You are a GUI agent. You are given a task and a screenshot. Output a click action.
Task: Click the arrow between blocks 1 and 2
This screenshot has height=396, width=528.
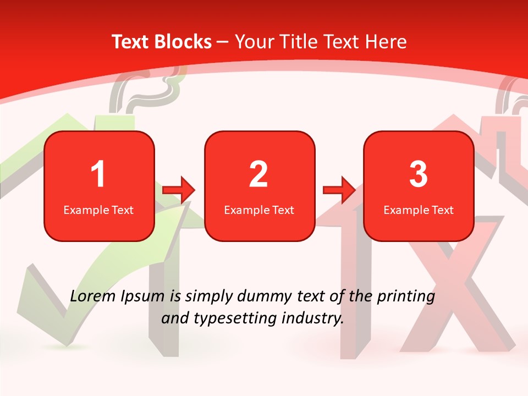[x=179, y=190]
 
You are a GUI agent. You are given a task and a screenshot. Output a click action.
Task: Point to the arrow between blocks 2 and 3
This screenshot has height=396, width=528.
[x=340, y=190]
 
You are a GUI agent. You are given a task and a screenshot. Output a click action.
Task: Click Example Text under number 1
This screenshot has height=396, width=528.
[x=98, y=210]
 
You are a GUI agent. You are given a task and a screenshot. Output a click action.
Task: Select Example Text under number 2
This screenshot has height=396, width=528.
[x=259, y=210]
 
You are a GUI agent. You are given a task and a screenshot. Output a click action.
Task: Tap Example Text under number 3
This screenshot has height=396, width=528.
[x=419, y=210]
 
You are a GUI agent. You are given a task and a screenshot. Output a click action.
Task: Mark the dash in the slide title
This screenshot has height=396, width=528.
[x=223, y=42]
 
